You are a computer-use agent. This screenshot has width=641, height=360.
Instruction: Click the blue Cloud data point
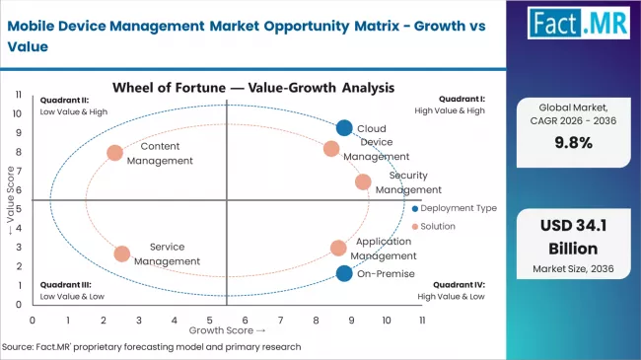(343, 127)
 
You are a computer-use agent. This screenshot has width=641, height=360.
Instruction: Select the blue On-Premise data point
(343, 273)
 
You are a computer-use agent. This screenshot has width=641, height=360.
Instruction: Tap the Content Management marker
(115, 153)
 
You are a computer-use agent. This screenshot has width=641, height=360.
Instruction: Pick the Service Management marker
(122, 253)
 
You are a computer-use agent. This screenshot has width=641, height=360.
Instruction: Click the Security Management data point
(363, 181)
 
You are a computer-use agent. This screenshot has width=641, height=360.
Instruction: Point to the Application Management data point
(338, 249)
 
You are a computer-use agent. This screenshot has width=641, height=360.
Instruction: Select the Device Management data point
(331, 149)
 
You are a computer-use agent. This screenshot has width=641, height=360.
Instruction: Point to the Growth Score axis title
(228, 330)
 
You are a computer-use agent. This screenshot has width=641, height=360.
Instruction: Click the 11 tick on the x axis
(422, 321)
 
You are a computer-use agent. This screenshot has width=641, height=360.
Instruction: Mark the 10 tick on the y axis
(19, 112)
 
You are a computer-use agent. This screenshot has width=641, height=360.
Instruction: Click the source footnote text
(153, 347)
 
